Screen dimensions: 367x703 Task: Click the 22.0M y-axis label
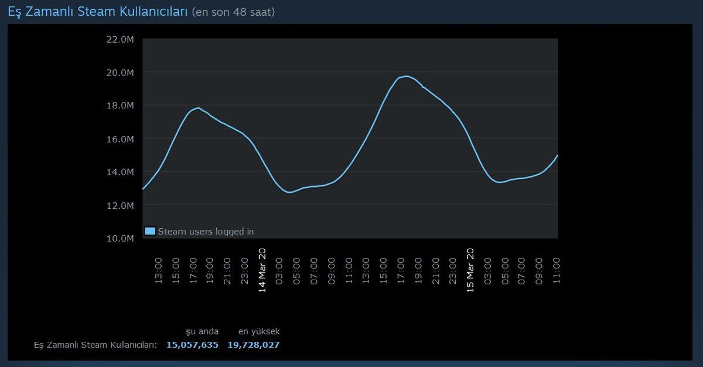pyautogui.click(x=121, y=39)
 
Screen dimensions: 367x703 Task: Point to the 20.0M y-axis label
pyautogui.click(x=121, y=73)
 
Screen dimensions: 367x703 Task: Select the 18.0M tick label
pyautogui.click(x=121, y=106)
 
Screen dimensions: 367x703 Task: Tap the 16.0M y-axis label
pyautogui.click(x=121, y=139)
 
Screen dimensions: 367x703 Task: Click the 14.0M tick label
pyautogui.click(x=121, y=172)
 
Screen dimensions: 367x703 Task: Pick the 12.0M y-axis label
pyautogui.click(x=121, y=205)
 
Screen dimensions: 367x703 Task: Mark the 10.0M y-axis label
pyautogui.click(x=121, y=238)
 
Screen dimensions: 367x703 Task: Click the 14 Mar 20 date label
pyautogui.click(x=262, y=270)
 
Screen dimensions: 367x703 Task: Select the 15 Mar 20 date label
pyautogui.click(x=470, y=270)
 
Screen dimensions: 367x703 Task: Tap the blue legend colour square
pyautogui.click(x=150, y=231)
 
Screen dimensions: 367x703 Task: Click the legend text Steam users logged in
pyautogui.click(x=206, y=232)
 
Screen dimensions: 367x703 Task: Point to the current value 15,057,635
pyautogui.click(x=192, y=345)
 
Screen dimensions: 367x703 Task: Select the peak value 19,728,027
pyautogui.click(x=254, y=345)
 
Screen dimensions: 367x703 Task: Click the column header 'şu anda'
pyautogui.click(x=202, y=332)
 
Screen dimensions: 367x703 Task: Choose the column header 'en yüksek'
pyautogui.click(x=259, y=332)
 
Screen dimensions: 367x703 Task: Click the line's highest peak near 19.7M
pyautogui.click(x=405, y=76)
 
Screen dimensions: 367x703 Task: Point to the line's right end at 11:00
pyautogui.click(x=557, y=155)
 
